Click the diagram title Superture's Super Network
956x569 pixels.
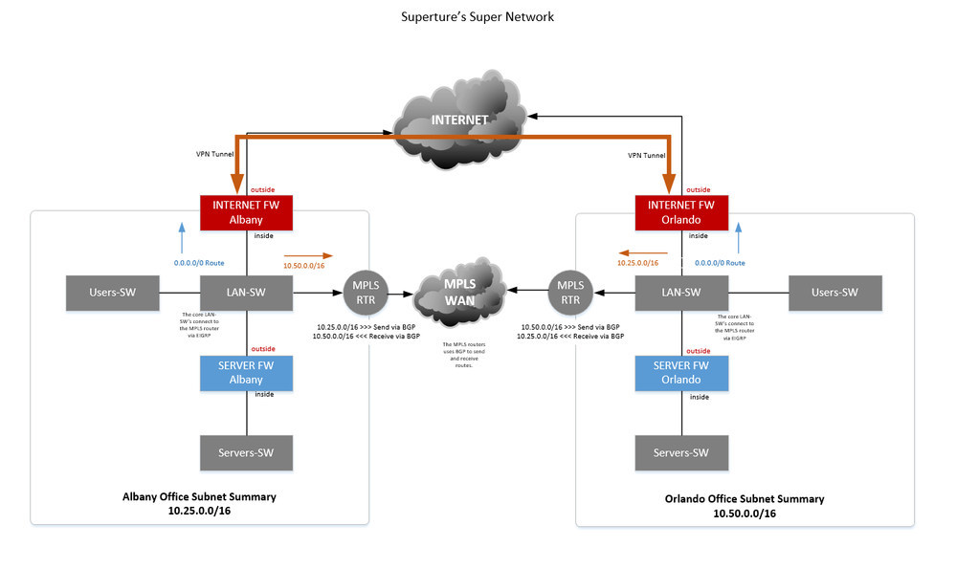click(478, 16)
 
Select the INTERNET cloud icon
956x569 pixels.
click(461, 120)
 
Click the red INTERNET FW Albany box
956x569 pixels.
click(246, 212)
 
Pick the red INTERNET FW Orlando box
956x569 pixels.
click(681, 212)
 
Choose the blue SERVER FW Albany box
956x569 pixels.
click(246, 373)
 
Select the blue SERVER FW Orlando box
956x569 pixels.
click(681, 373)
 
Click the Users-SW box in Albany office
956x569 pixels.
click(111, 293)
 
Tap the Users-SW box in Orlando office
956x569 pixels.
click(834, 293)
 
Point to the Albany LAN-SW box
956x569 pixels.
click(246, 293)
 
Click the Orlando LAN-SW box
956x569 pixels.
click(681, 293)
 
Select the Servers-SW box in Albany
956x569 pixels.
click(246, 452)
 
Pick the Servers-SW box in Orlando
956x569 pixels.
click(681, 452)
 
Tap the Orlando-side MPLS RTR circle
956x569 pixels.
click(570, 293)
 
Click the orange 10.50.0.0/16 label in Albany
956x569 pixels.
click(301, 265)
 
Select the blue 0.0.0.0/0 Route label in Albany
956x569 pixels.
click(198, 262)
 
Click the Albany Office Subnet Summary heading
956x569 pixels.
click(199, 496)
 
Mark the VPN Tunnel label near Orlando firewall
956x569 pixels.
click(647, 154)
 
